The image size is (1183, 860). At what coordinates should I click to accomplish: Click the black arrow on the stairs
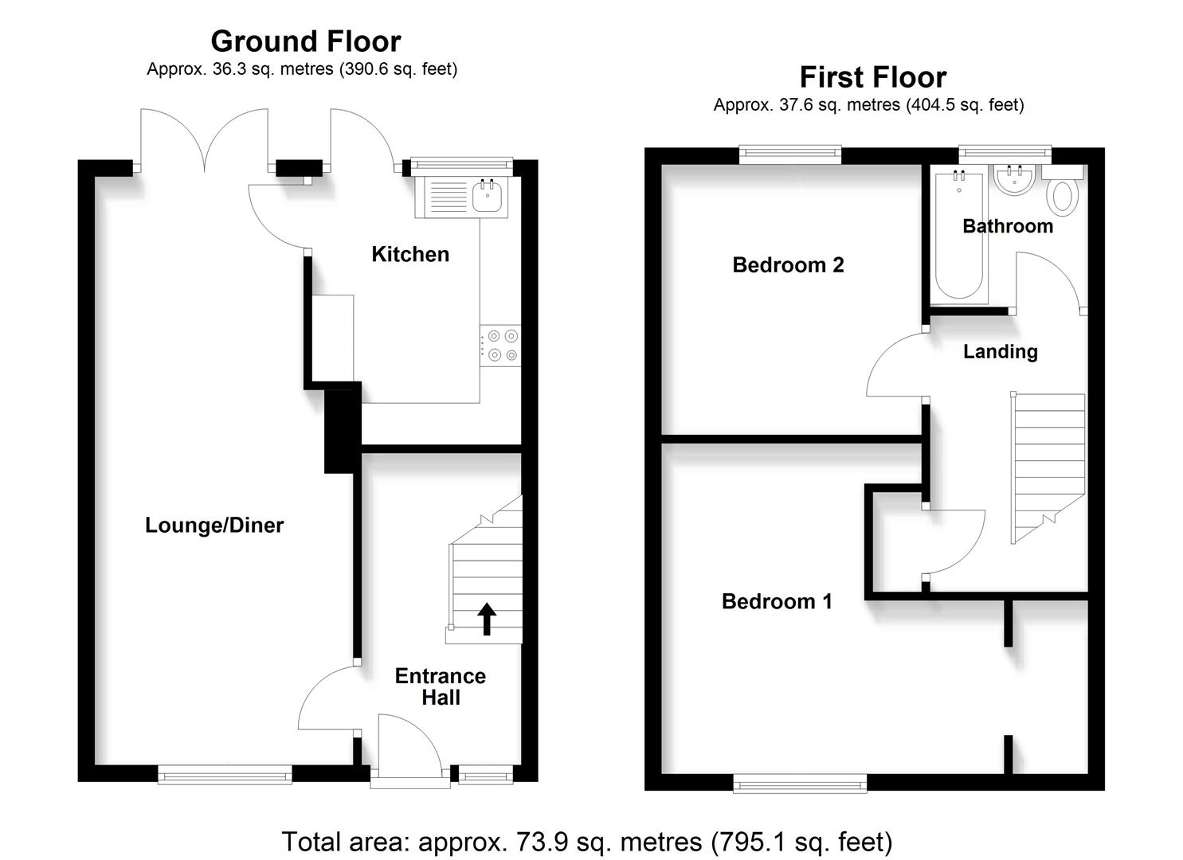pyautogui.click(x=487, y=619)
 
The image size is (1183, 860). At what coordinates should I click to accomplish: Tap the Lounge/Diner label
pyautogui.click(x=214, y=526)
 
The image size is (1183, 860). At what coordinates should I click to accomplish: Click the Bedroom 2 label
pyautogui.click(x=788, y=265)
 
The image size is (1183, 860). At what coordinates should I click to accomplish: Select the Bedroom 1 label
pyautogui.click(x=777, y=601)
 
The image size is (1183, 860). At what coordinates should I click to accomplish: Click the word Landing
pyautogui.click(x=1000, y=352)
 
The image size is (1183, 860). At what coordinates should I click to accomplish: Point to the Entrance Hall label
pyautogui.click(x=441, y=686)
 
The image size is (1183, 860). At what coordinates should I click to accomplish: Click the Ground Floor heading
pyautogui.click(x=306, y=41)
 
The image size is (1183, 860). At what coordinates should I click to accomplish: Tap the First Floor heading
pyautogui.click(x=873, y=77)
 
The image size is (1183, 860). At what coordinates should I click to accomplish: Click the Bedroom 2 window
pyautogui.click(x=790, y=154)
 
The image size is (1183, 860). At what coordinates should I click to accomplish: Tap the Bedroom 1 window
pyautogui.click(x=800, y=785)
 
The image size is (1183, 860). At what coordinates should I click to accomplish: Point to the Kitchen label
pyautogui.click(x=410, y=255)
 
